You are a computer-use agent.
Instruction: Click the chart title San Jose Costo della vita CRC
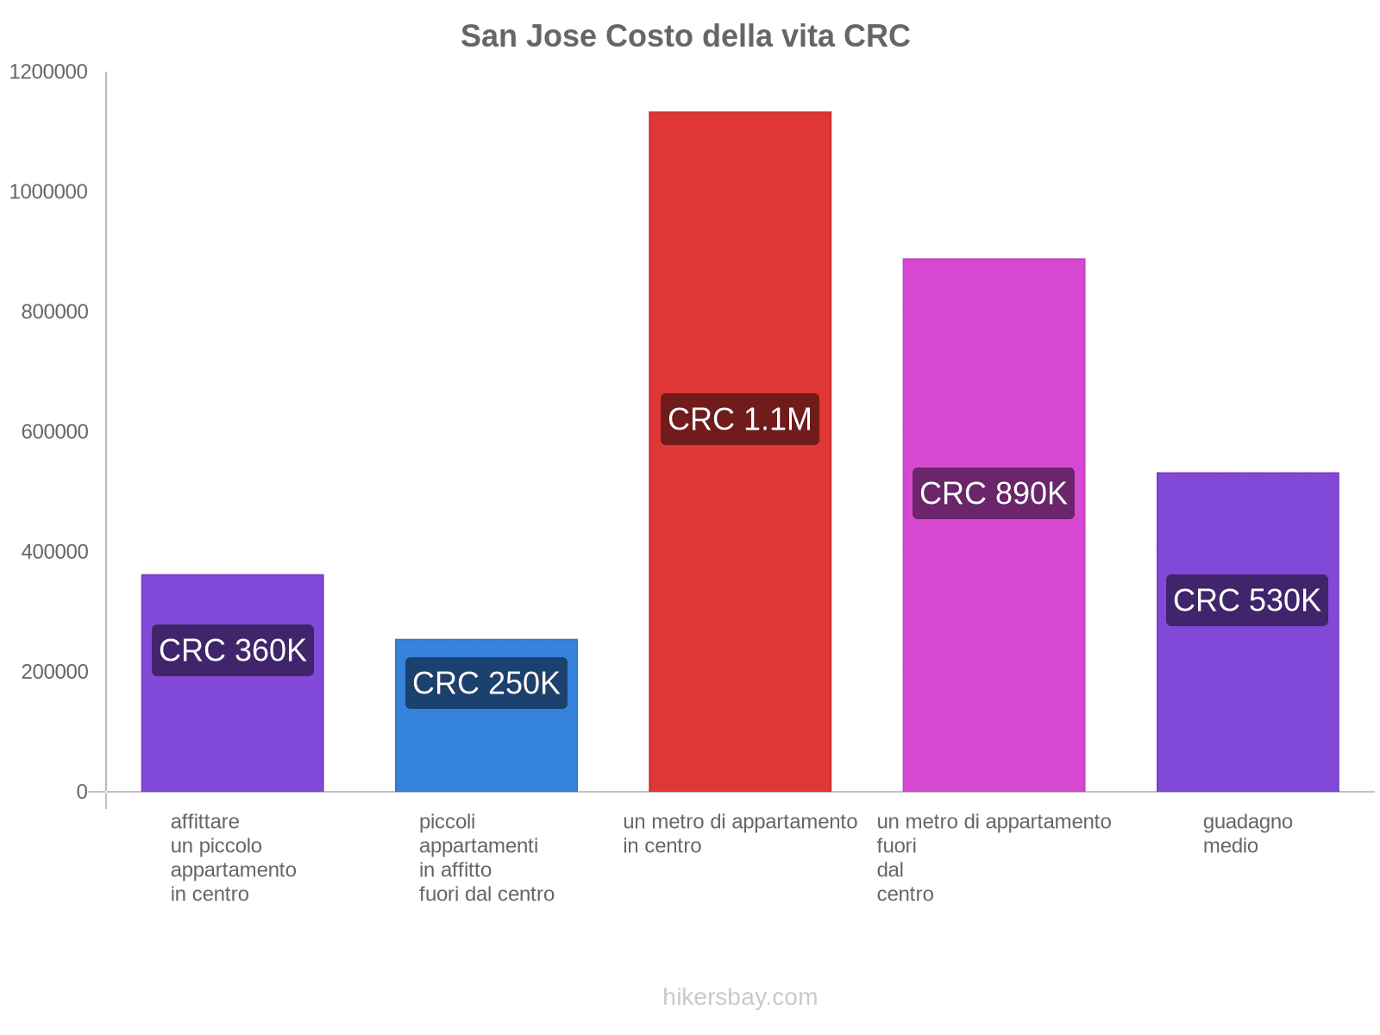click(x=685, y=36)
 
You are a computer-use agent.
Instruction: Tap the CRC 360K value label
click(x=233, y=650)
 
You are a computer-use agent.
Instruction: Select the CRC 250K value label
click(x=486, y=683)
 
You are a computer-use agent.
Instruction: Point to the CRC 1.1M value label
click(x=740, y=419)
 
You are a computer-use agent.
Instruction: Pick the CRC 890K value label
click(x=994, y=493)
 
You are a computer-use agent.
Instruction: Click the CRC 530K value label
click(x=1247, y=600)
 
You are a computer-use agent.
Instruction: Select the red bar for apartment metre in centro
click(x=740, y=259)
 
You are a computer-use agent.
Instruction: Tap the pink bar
click(x=994, y=362)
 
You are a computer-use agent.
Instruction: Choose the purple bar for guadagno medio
click(x=1247, y=707)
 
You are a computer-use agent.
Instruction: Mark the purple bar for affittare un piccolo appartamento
click(x=233, y=733)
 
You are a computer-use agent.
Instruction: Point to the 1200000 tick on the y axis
click(x=48, y=72)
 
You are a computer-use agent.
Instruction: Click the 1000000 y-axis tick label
click(x=48, y=192)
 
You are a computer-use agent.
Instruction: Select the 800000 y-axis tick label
click(x=55, y=312)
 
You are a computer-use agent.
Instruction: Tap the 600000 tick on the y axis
click(x=55, y=432)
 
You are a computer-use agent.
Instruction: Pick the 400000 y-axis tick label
click(x=55, y=552)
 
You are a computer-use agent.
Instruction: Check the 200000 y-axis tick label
click(x=55, y=672)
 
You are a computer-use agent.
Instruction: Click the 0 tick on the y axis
click(x=82, y=792)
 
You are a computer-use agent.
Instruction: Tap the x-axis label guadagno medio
click(x=1247, y=834)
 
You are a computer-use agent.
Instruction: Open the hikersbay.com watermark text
click(x=740, y=998)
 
